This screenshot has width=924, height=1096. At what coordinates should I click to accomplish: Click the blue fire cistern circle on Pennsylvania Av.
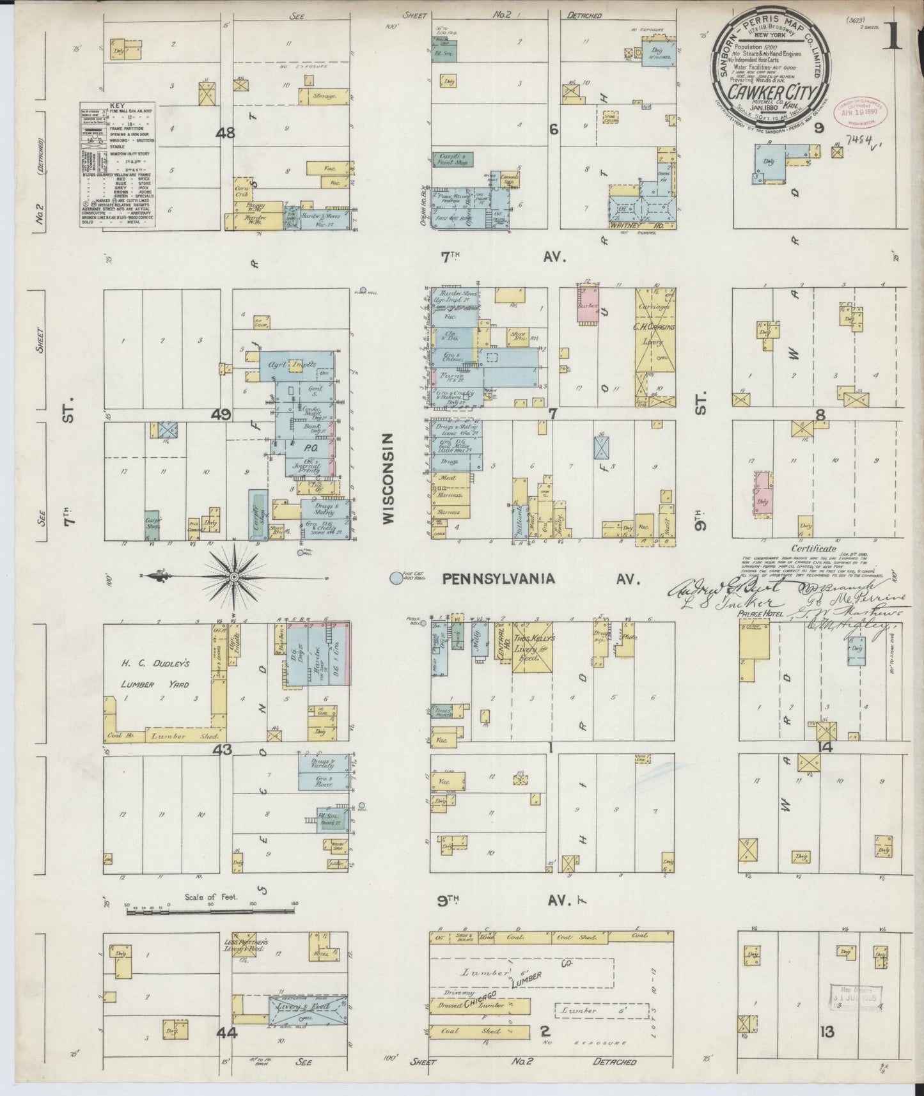tap(396, 578)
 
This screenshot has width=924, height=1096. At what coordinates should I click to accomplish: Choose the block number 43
tap(223, 748)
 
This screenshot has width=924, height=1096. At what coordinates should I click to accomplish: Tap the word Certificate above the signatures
tap(813, 548)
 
